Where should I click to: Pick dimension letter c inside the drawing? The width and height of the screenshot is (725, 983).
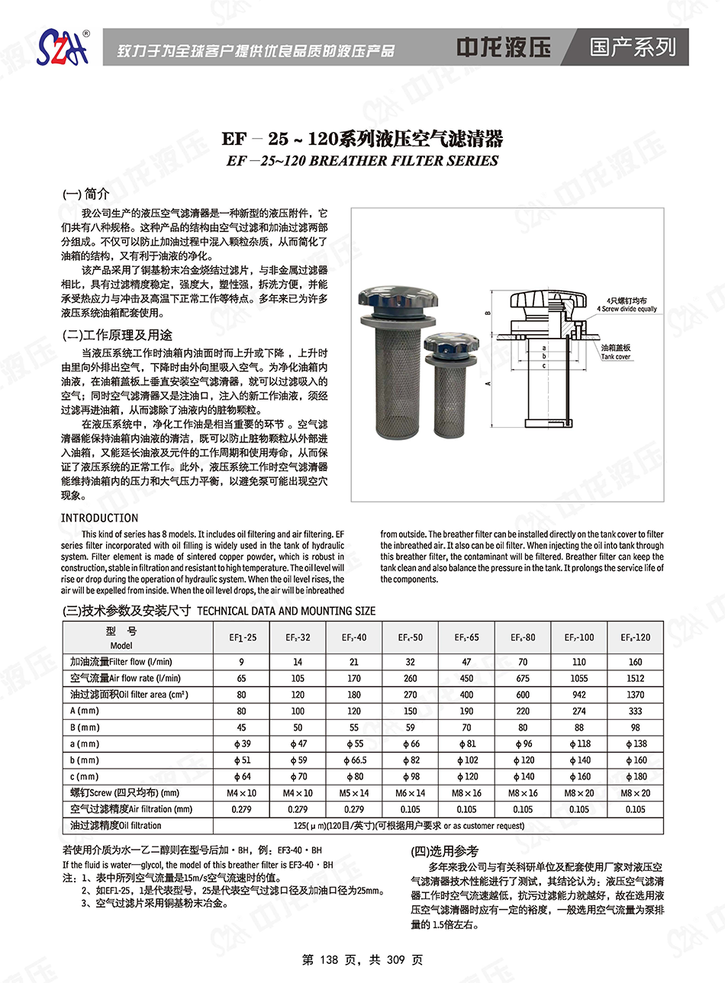point(544,365)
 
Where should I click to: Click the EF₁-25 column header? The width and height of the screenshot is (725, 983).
point(243,637)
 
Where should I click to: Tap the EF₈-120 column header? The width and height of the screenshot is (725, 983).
point(635,637)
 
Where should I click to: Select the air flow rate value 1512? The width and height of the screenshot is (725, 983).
point(635,678)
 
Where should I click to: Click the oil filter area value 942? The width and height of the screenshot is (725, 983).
point(579,695)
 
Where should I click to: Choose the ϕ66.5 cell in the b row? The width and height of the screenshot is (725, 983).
point(354,760)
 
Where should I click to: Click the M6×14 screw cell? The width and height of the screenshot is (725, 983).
point(410,793)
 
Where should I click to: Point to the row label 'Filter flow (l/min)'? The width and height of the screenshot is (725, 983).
point(140,662)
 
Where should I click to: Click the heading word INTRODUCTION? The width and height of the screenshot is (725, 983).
point(99,518)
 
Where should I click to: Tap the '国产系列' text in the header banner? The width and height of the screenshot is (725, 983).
point(633,47)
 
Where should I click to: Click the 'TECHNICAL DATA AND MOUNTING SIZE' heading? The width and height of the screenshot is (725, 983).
point(286,611)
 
